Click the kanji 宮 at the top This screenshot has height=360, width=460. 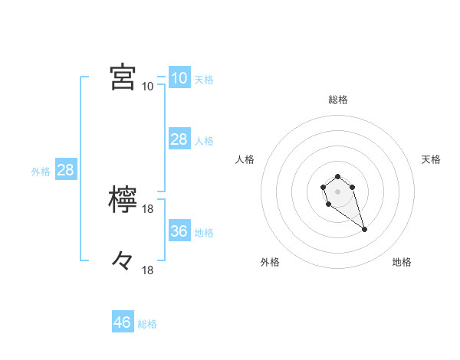point(123,77)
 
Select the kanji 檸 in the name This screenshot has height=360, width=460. point(123,200)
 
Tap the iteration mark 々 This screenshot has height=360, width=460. point(123,261)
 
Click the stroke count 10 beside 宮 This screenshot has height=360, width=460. point(147,86)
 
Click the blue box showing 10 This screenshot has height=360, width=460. point(179,77)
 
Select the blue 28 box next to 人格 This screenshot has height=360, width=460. point(179,139)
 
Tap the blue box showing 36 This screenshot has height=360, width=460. point(179,231)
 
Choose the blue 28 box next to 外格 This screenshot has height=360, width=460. point(65,170)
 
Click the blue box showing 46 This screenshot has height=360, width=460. point(123,322)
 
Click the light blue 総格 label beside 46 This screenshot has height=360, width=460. point(147,324)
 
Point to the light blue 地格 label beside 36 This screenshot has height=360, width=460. point(204,232)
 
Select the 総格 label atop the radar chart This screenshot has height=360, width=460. point(337,100)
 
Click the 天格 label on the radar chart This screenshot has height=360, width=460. point(432,159)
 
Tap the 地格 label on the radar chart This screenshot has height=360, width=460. point(402,262)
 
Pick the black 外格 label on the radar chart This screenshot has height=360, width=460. point(270,262)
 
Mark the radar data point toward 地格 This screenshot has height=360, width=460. point(364,229)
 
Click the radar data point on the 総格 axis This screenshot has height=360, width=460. point(337,177)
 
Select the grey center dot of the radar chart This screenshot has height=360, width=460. point(337,190)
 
